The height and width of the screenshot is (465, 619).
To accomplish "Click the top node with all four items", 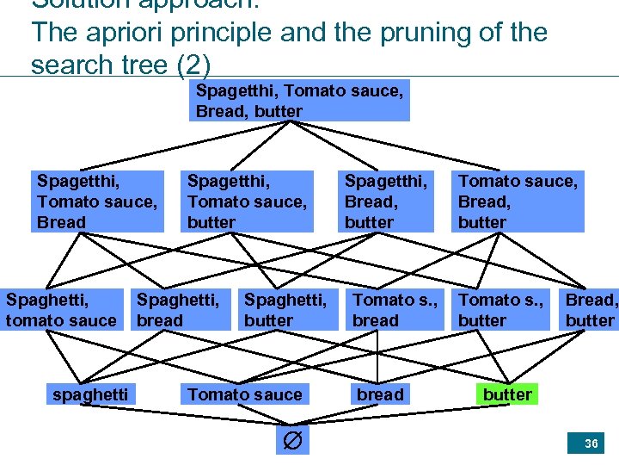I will point(299,101).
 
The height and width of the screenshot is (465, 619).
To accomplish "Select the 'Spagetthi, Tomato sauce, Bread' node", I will point(97,201).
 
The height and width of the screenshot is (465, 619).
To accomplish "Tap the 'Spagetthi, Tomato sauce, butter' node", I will point(248,201).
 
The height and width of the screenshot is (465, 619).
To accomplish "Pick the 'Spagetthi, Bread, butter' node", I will point(385,201).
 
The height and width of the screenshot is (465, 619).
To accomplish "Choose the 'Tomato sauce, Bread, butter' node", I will point(518,201).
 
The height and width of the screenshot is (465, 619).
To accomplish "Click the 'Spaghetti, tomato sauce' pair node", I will point(61,310).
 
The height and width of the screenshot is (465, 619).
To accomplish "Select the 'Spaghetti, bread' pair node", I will point(178,310).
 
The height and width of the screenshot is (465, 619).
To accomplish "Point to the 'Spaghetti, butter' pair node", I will point(285,310).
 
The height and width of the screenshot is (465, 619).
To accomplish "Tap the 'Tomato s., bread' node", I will point(395,310).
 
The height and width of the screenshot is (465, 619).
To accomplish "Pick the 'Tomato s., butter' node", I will point(500,310).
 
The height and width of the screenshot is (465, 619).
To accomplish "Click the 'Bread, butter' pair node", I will point(591,310).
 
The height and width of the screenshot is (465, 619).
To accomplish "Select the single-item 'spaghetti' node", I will point(90,394).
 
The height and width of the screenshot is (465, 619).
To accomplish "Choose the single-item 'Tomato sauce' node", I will point(245,394).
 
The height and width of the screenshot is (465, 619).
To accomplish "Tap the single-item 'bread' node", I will point(380,394).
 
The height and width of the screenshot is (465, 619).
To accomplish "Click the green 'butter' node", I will point(507,394).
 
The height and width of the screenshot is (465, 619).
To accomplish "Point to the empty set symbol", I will point(292,442).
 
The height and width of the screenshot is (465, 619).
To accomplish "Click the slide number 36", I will point(591,443).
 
